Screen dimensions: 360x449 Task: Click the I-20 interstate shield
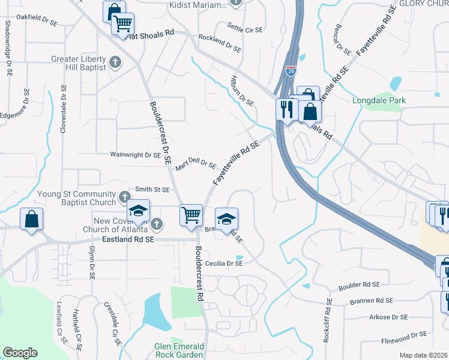(x=291, y=71)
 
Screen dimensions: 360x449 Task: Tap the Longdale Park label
(x=379, y=100)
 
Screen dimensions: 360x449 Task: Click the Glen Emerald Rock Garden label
(x=179, y=351)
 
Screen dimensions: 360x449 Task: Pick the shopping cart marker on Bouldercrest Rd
(x=191, y=214)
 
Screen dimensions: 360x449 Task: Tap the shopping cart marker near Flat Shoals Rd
(x=122, y=24)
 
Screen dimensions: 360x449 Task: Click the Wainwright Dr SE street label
(x=136, y=154)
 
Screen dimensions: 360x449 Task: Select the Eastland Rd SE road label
(x=128, y=239)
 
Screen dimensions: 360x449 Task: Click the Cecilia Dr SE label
(x=223, y=263)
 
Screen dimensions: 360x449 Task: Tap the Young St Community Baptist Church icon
(x=124, y=196)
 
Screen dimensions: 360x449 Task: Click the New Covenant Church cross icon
(x=156, y=224)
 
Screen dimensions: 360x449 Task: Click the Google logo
(x=20, y=352)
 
